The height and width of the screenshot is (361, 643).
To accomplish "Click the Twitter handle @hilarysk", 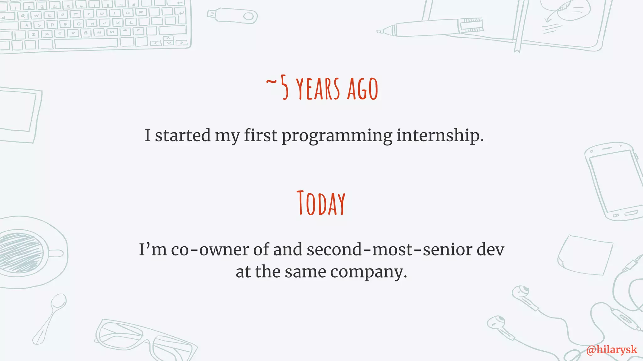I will [612, 350].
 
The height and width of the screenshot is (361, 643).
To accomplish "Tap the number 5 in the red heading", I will [284, 88].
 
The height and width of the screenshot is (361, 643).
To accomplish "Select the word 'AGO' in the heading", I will [362, 89].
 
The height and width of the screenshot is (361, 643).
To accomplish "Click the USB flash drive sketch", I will [232, 15].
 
